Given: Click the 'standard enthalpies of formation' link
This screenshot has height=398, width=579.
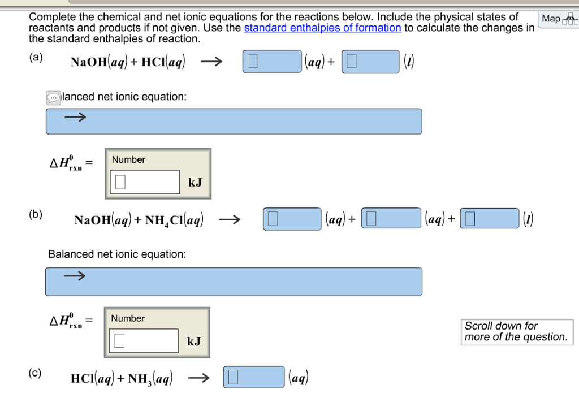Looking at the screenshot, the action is pyautogui.click(x=322, y=28).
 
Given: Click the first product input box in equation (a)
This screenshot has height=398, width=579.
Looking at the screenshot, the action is pyautogui.click(x=272, y=62).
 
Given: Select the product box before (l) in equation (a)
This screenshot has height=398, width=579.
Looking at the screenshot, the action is pyautogui.click(x=370, y=62).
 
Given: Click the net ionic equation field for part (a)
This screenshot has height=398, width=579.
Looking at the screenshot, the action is pyautogui.click(x=234, y=121).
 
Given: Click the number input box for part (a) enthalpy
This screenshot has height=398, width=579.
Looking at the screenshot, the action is pyautogui.click(x=145, y=182).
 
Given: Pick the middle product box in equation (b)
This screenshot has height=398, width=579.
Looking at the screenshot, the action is pyautogui.click(x=391, y=219).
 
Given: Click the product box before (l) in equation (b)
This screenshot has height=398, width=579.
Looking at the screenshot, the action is pyautogui.click(x=490, y=219).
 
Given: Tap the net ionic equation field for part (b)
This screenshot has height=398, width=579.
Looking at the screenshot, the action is pyautogui.click(x=234, y=281).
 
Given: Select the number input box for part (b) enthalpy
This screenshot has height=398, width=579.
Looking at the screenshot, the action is pyautogui.click(x=144, y=341).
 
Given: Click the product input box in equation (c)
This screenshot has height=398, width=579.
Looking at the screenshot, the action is pyautogui.click(x=254, y=377).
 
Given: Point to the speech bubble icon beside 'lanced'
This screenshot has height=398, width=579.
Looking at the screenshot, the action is pyautogui.click(x=53, y=98).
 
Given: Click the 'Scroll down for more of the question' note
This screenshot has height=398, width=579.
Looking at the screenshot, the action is pyautogui.click(x=516, y=331).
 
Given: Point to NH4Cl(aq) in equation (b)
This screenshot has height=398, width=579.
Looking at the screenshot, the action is pyautogui.click(x=175, y=220).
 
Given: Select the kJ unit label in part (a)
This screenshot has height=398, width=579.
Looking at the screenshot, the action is pyautogui.click(x=195, y=183).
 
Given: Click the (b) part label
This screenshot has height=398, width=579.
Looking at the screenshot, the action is pyautogui.click(x=36, y=215).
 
